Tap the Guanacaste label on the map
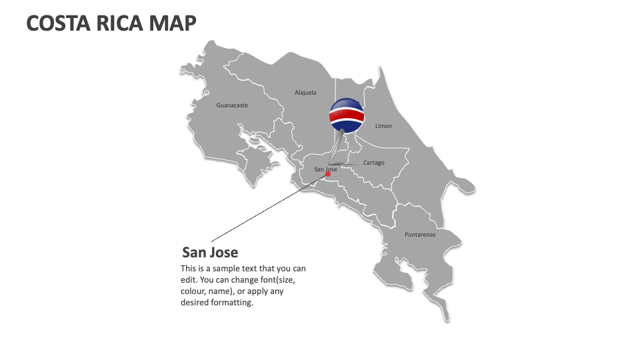pyautogui.click(x=232, y=105)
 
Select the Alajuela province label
pyautogui.click(x=305, y=93)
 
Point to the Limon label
pyautogui.click(x=383, y=126)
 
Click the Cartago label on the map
pyautogui.click(x=374, y=163)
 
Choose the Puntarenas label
pyautogui.click(x=420, y=235)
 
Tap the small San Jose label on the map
pyautogui.click(x=325, y=169)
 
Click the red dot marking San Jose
pyautogui.click(x=328, y=175)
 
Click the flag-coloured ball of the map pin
pyautogui.click(x=347, y=114)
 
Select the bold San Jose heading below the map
pyautogui.click(x=210, y=253)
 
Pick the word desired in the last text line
pyautogui.click(x=194, y=303)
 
